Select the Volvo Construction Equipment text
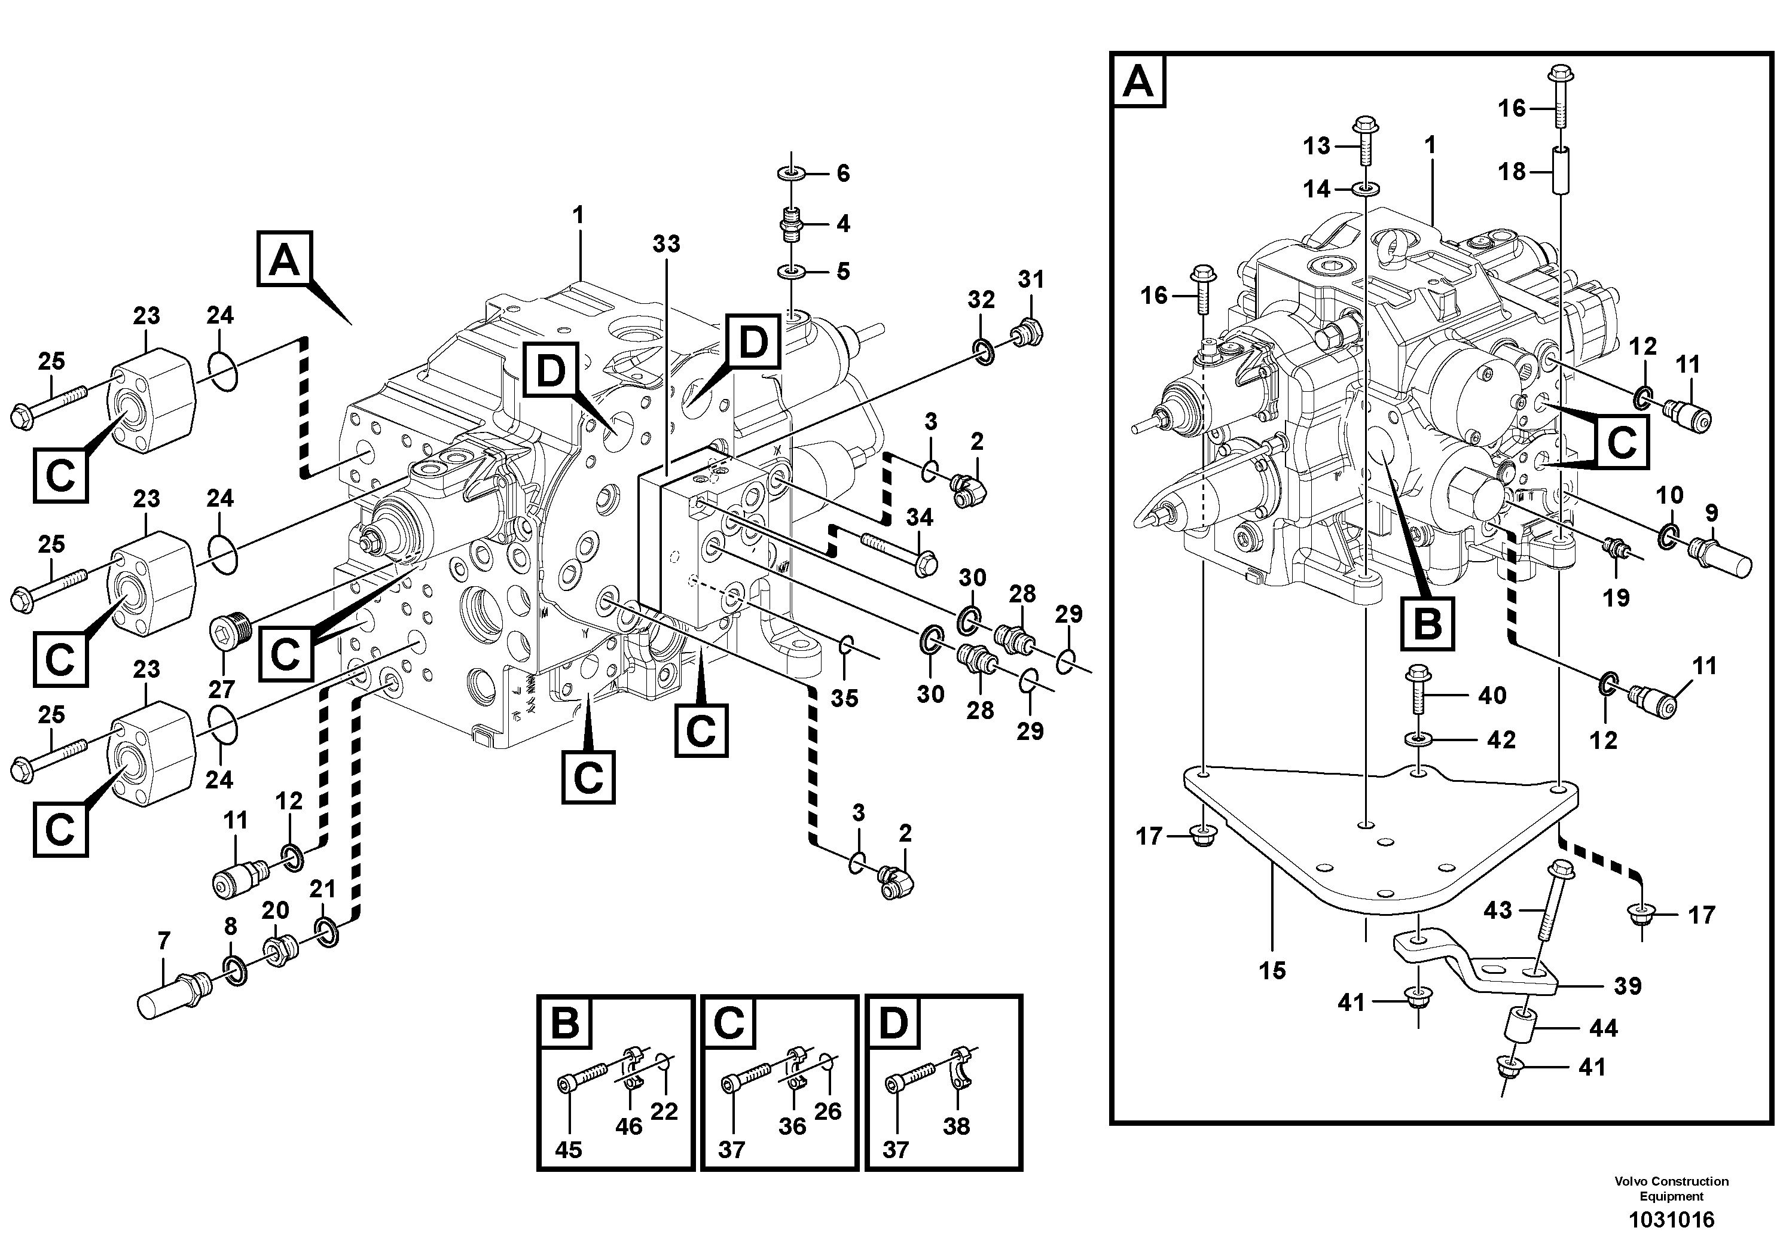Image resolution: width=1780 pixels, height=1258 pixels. coord(1671,1187)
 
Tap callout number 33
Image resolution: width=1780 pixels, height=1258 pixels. coord(666,243)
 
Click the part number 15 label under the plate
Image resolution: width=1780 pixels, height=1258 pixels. coord(1272,970)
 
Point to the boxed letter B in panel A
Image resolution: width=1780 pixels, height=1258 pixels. coord(1427,623)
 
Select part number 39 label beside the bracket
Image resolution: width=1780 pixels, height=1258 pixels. coord(1628,986)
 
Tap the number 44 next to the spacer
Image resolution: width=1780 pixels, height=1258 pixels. coord(1603,1028)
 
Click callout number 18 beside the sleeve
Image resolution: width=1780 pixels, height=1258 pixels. coord(1512,172)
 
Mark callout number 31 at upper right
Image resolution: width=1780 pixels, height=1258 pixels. coord(1031,279)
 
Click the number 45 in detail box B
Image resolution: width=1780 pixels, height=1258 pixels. coord(568,1149)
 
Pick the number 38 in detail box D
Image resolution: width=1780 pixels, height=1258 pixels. coord(956,1126)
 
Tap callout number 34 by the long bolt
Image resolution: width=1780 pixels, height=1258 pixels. coord(920,517)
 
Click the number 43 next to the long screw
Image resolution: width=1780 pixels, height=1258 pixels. coord(1497,910)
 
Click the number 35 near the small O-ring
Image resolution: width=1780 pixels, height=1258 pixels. coord(844,698)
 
